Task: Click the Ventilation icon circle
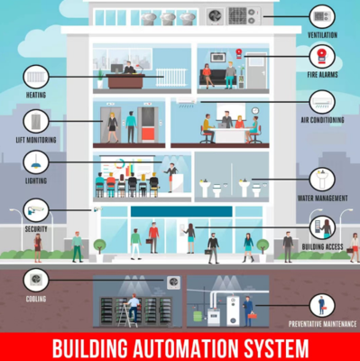(x=322, y=17)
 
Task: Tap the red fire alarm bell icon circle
(x=322, y=57)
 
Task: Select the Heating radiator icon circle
(x=36, y=77)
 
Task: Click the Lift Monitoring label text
(x=36, y=140)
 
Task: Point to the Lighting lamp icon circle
(x=36, y=162)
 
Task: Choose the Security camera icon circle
(x=36, y=210)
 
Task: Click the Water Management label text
(x=322, y=199)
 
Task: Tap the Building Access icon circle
(x=322, y=227)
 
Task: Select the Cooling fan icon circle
(x=36, y=281)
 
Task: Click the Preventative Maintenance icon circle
(x=322, y=306)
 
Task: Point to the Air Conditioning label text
(x=322, y=120)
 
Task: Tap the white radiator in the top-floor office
(x=171, y=78)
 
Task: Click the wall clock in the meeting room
(x=255, y=110)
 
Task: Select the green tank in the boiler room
(x=198, y=317)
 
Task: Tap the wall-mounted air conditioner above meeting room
(x=186, y=101)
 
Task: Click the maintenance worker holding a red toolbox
(x=248, y=311)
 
